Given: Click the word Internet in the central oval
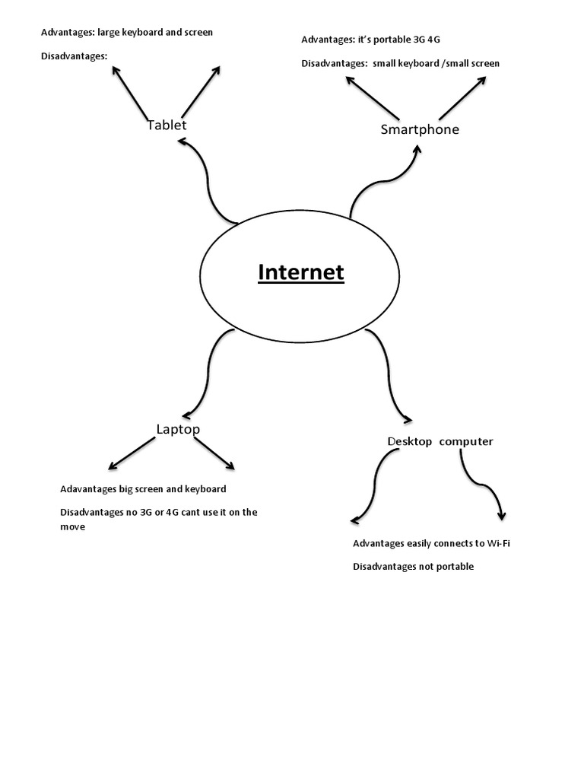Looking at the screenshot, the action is [301, 272].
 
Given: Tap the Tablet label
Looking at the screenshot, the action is [167, 125].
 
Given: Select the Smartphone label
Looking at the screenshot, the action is [420, 129].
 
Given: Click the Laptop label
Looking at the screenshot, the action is [178, 429].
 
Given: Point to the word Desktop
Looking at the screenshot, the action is [410, 441].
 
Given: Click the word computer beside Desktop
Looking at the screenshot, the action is [466, 441].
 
